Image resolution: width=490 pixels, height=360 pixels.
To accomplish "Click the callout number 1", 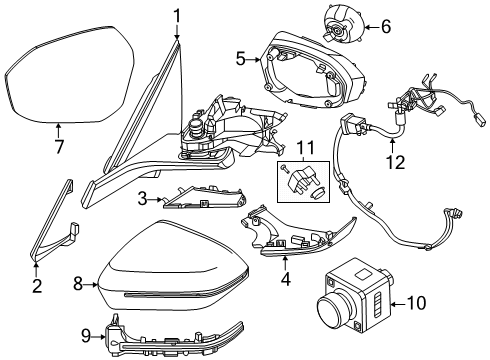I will (176, 15).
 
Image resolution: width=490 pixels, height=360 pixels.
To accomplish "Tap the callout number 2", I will (37, 287).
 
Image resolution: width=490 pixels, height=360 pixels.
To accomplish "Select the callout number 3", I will (144, 199).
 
